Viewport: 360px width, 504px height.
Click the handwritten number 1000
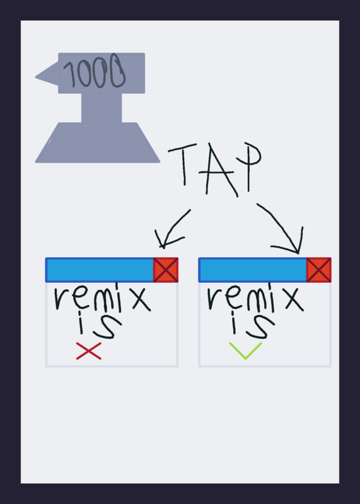click(95, 71)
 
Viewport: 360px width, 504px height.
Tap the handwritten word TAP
click(214, 169)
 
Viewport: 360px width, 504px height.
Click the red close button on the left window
click(166, 270)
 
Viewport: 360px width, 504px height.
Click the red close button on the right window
click(319, 270)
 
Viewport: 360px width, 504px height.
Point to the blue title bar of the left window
click(100, 270)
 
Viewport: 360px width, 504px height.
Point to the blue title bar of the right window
click(253, 270)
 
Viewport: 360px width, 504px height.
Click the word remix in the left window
click(102, 297)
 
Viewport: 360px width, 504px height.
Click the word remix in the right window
click(255, 297)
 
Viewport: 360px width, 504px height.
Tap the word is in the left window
click(100, 325)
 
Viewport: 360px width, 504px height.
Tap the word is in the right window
click(253, 325)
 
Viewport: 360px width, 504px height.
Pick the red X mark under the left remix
click(89, 351)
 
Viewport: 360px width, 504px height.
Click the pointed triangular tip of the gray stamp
click(36, 77)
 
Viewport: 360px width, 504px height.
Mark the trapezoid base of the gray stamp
click(98, 142)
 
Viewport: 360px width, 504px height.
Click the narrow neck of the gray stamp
click(102, 108)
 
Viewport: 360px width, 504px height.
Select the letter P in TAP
click(248, 167)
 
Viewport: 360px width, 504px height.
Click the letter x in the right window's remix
click(293, 299)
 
